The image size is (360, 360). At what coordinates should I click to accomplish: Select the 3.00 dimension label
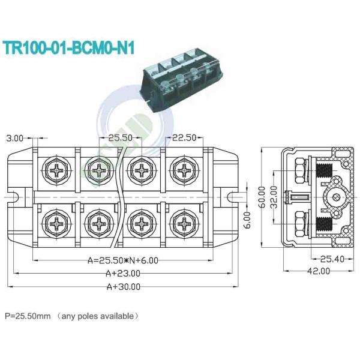(15, 138)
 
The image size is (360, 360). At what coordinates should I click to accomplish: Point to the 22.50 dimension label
(184, 138)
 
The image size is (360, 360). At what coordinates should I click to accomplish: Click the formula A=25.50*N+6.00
(124, 260)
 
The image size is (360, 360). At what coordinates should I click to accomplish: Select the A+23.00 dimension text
(122, 273)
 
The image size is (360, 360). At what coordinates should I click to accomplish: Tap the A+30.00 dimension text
(122, 287)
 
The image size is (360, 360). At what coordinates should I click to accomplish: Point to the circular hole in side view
(333, 196)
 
